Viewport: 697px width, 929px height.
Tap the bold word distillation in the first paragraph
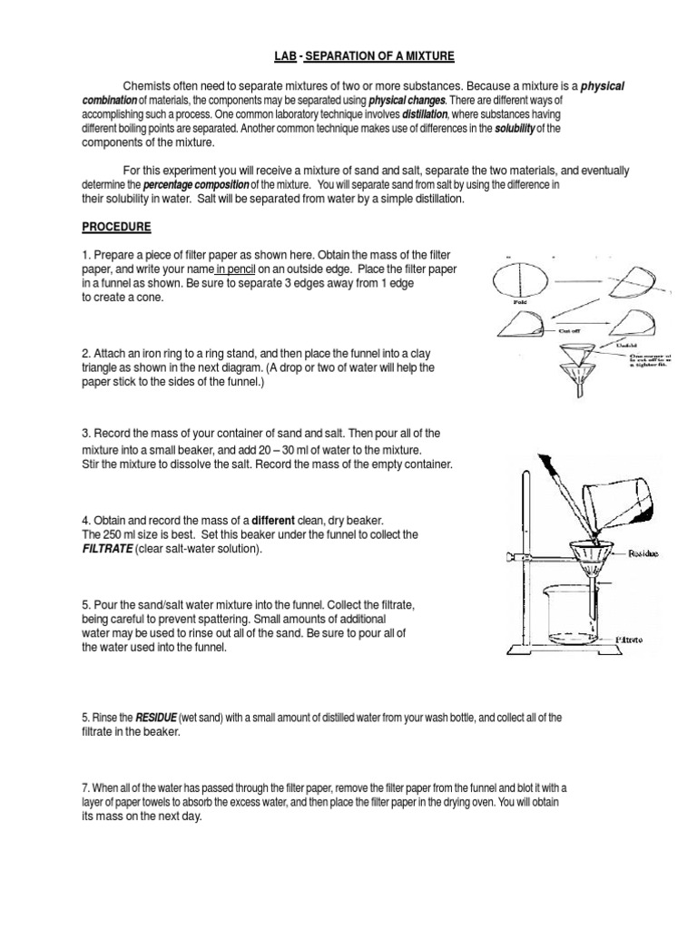coord(424,115)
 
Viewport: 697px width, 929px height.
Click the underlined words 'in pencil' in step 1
coord(237,269)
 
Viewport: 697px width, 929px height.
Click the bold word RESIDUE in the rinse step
coord(158,717)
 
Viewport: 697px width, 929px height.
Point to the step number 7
coord(85,787)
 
